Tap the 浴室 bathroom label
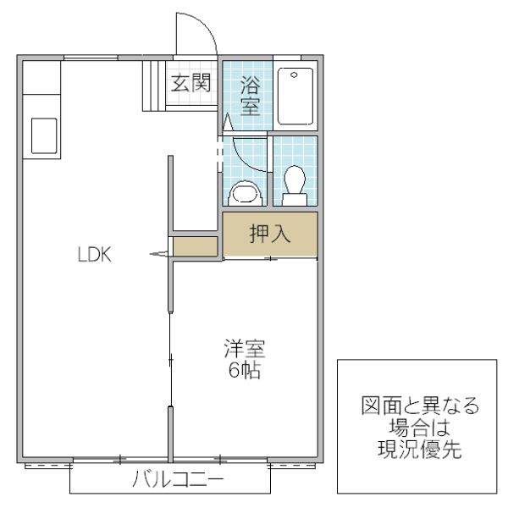tap(250, 96)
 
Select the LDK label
tap(95, 255)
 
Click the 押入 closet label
tap(270, 235)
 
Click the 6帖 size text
tap(246, 371)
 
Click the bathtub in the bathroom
tap(295, 95)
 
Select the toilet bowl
tap(295, 179)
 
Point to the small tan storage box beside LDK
tap(196, 246)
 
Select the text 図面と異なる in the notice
tap(417, 405)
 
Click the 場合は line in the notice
tap(417, 427)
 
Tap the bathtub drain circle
tap(294, 75)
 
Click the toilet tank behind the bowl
tap(295, 200)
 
